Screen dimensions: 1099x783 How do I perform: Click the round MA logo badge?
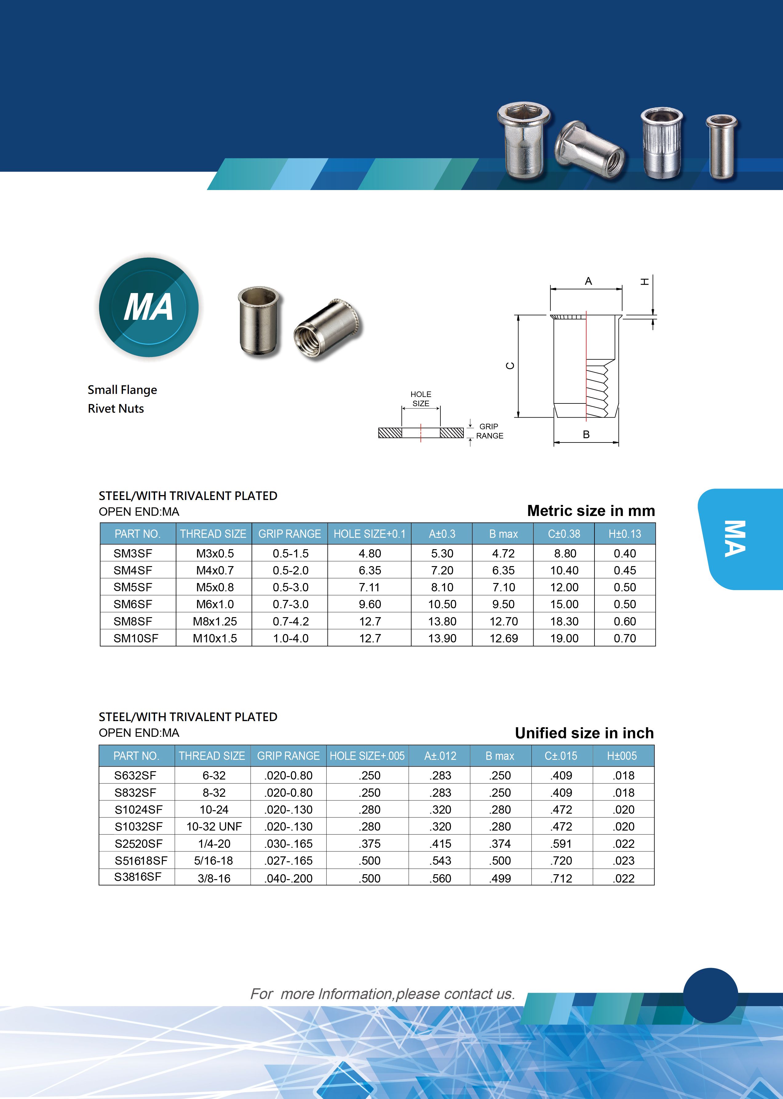[149, 307]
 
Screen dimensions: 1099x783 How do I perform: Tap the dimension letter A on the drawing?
[588, 281]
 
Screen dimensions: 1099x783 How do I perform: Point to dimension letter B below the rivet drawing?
[586, 434]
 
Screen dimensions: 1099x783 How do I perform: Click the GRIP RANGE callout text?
[489, 431]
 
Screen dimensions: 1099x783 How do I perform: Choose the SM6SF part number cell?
[133, 604]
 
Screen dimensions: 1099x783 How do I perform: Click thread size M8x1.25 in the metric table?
[215, 621]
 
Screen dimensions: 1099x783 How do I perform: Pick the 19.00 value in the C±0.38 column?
[564, 638]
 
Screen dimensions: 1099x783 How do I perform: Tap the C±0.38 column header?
[564, 534]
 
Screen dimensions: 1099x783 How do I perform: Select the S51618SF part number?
[141, 860]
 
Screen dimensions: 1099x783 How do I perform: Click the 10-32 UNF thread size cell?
[214, 827]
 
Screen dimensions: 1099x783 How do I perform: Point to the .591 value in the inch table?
[561, 843]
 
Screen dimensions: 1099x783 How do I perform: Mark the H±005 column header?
[622, 756]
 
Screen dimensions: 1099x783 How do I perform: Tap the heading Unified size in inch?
[584, 733]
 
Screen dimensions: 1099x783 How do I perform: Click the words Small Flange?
[122, 390]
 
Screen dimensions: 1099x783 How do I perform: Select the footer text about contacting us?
[382, 994]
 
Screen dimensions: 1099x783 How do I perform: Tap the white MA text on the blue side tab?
[734, 539]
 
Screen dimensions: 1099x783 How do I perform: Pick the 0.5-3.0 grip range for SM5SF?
[290, 587]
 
